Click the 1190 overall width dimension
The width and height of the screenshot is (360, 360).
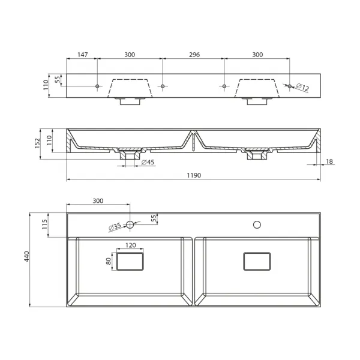tap(194, 175)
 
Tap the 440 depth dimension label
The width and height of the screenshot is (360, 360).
tap(27, 256)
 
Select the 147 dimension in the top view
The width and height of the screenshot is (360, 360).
tap(82, 55)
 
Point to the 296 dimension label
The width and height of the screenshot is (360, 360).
tap(194, 55)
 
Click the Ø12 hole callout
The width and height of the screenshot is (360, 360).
tap(302, 87)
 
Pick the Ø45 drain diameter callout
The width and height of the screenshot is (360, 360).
tap(148, 163)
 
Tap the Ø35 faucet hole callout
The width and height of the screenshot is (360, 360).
tap(115, 227)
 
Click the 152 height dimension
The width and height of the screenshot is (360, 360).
tap(37, 143)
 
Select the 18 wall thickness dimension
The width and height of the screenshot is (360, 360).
tap(329, 161)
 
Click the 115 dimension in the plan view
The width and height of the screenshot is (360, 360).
tap(44, 224)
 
